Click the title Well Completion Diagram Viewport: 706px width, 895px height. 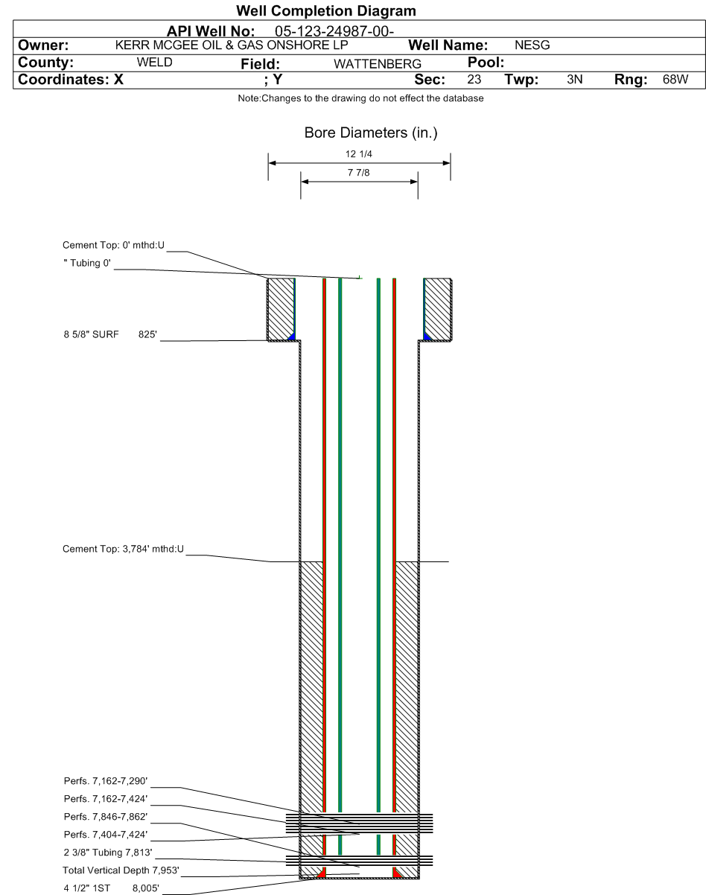[326, 11]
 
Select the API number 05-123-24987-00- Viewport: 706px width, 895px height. [334, 31]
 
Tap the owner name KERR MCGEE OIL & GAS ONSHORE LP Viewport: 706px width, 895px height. [232, 45]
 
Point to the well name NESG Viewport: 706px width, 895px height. [532, 45]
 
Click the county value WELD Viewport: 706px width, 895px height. [154, 63]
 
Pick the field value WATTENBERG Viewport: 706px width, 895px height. [378, 64]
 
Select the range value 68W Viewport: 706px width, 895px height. [675, 80]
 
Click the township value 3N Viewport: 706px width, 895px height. [574, 80]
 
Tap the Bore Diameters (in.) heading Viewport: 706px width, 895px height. [371, 133]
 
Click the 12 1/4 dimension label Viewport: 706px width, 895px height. [359, 154]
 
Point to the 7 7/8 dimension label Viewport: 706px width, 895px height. [359, 173]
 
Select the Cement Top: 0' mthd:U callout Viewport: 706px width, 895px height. [114, 246]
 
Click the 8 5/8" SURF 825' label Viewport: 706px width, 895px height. [110, 335]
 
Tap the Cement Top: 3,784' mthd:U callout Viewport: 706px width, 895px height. [123, 549]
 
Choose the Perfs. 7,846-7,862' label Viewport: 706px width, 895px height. [106, 817]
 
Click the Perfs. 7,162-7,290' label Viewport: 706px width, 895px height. [106, 781]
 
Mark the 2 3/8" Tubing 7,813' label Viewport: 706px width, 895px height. [108, 853]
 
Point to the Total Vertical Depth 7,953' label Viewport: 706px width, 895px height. [121, 870]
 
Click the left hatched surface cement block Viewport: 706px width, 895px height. [281, 308]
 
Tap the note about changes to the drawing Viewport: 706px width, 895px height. [360, 98]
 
